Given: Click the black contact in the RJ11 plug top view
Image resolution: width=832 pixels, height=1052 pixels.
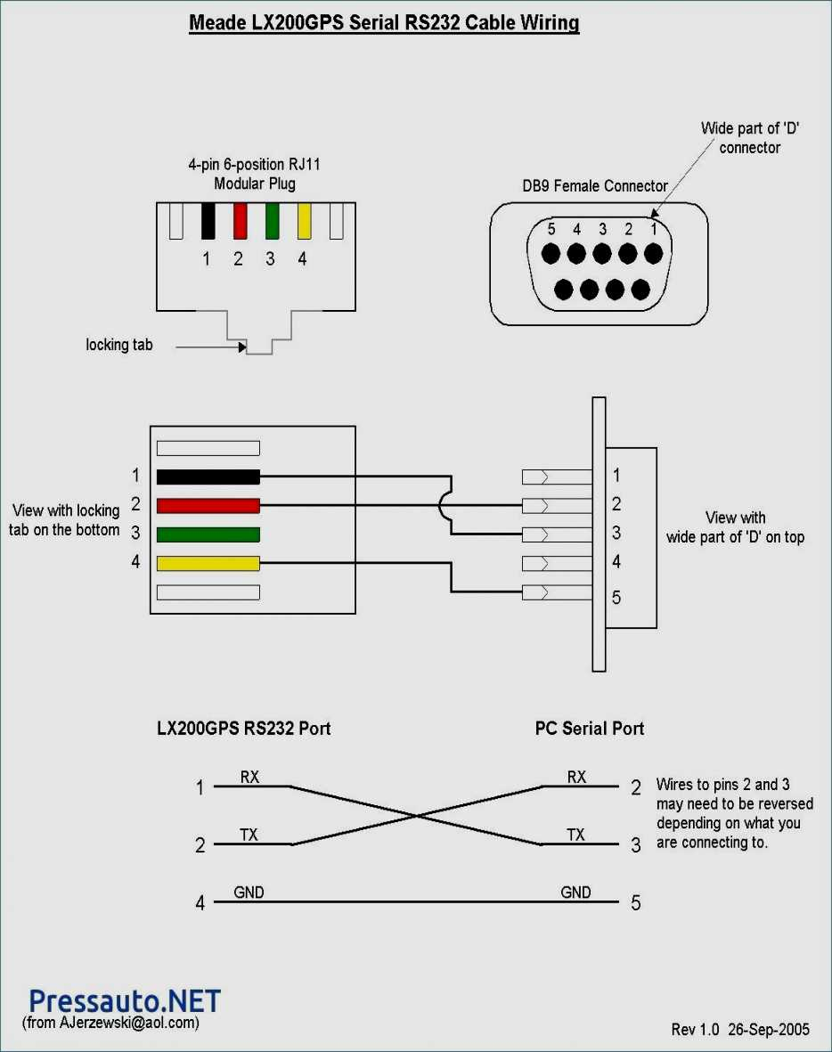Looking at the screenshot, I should (x=208, y=221).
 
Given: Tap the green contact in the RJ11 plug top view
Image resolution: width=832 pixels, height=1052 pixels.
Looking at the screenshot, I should (x=272, y=221).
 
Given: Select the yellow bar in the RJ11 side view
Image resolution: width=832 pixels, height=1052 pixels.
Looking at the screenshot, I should (x=208, y=563).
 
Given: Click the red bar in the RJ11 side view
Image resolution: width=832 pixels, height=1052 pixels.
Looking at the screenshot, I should (x=208, y=506).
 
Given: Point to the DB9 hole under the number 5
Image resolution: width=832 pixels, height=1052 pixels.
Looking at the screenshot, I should (x=551, y=254).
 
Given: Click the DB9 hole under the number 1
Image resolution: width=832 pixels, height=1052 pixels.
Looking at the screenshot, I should (x=653, y=254).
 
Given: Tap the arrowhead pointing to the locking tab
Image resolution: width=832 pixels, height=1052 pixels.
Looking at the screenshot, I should (x=241, y=347).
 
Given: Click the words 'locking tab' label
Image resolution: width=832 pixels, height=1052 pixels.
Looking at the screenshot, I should (x=118, y=345).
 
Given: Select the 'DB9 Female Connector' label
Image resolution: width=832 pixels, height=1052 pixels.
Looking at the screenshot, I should (x=595, y=186).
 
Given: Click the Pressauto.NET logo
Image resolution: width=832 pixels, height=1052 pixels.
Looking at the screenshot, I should (x=124, y=1000).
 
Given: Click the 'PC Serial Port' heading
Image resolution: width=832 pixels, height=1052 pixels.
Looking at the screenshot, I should (x=589, y=729).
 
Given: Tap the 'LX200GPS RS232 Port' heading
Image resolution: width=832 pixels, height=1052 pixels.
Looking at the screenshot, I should (x=243, y=729).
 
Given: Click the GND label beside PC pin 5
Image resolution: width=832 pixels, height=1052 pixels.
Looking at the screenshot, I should (x=575, y=892).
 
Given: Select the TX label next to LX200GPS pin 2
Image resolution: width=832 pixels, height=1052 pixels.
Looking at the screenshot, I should (x=249, y=835).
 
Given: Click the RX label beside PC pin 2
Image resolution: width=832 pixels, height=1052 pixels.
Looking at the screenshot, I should (x=576, y=777).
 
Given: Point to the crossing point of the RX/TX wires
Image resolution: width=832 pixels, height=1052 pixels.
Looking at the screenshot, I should (x=416, y=815).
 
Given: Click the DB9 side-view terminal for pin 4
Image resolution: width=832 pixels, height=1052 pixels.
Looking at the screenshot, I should (x=556, y=563).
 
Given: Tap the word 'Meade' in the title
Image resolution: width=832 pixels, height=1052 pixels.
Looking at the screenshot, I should (x=213, y=23).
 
